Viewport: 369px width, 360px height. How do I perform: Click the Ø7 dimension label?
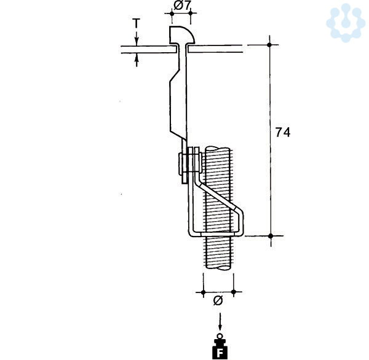[x=181, y=6]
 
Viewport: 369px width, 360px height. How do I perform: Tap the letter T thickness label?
[x=137, y=23]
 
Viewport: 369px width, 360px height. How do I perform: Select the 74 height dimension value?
[x=283, y=132]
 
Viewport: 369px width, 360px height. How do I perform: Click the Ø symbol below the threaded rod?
[x=218, y=300]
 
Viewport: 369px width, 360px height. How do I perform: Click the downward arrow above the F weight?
[x=220, y=321]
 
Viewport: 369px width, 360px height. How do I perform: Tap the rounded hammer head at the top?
[x=181, y=35]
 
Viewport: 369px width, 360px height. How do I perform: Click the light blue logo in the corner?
[x=346, y=23]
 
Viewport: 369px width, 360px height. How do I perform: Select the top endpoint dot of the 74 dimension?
[x=270, y=45]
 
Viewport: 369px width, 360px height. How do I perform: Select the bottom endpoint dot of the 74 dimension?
[x=271, y=236]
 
